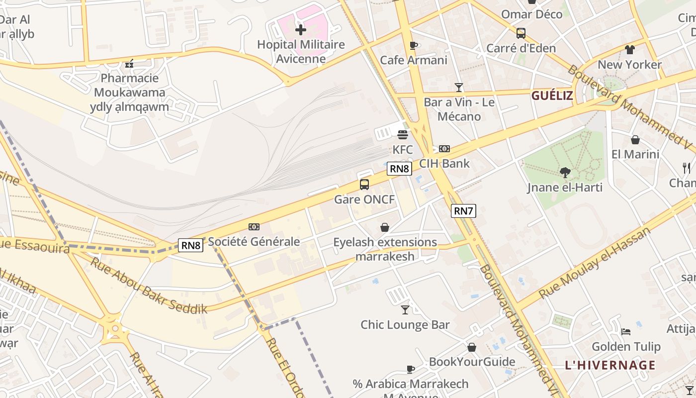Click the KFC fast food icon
pos(403,134)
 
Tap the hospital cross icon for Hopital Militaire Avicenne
pos(301,30)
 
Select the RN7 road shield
pos(463,211)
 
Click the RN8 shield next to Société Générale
pos(191,245)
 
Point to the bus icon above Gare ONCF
pos(364,185)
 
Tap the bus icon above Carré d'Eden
pos(521,33)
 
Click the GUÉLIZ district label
pos(552,96)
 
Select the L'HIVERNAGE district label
pos(610,365)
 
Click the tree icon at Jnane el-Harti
pos(565,173)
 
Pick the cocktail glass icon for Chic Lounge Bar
pos(405,310)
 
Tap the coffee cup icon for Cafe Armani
pos(413,46)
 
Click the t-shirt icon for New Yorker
pos(630,50)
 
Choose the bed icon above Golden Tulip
pos(626,331)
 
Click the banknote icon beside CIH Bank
pos(444,149)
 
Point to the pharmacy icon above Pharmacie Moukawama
pos(130,64)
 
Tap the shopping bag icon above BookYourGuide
pos(471,347)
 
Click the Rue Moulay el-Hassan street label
pos(594,263)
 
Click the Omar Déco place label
pos(531,14)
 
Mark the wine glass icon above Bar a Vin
pos(459,88)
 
